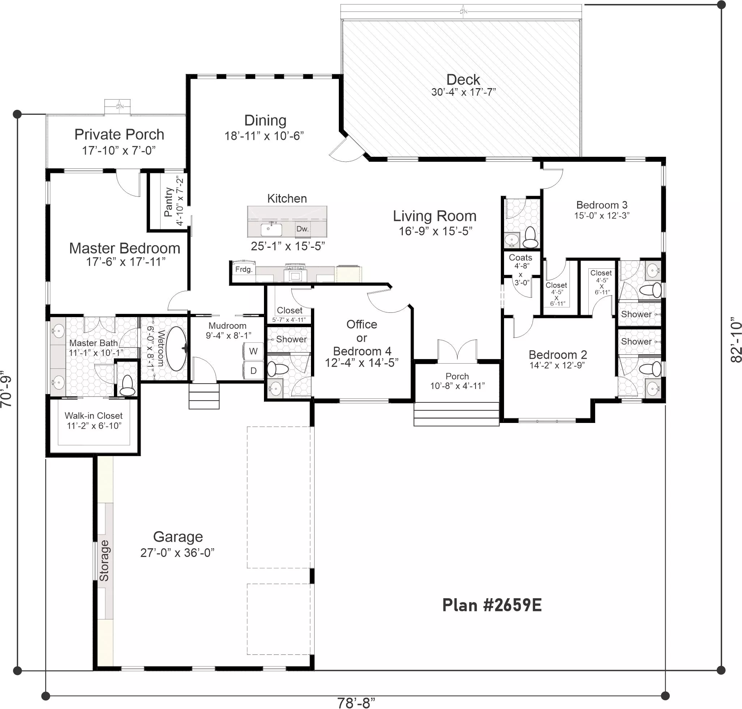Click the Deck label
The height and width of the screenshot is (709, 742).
point(463,80)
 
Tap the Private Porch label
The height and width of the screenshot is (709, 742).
point(119,135)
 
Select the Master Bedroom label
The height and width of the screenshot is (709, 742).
point(125,248)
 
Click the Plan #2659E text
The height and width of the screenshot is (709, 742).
point(492,605)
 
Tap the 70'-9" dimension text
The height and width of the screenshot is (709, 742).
point(6,388)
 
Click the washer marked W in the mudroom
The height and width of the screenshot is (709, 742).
point(253,351)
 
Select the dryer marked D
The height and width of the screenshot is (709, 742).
point(253,371)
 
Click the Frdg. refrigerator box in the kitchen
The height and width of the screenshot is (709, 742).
point(243,269)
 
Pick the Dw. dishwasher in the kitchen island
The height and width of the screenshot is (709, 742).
point(302,229)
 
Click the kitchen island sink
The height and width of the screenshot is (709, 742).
point(271,229)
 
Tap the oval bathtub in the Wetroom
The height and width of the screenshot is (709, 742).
point(177,349)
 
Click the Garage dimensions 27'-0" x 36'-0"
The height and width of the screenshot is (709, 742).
point(178,553)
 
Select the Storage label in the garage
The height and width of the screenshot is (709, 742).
point(104,561)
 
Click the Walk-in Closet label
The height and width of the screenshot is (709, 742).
point(93,416)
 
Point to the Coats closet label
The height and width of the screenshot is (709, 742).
point(520,258)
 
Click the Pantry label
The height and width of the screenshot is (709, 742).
point(169,202)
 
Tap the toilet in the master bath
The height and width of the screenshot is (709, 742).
point(127,385)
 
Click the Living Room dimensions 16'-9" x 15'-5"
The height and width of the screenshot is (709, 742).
point(435,231)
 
